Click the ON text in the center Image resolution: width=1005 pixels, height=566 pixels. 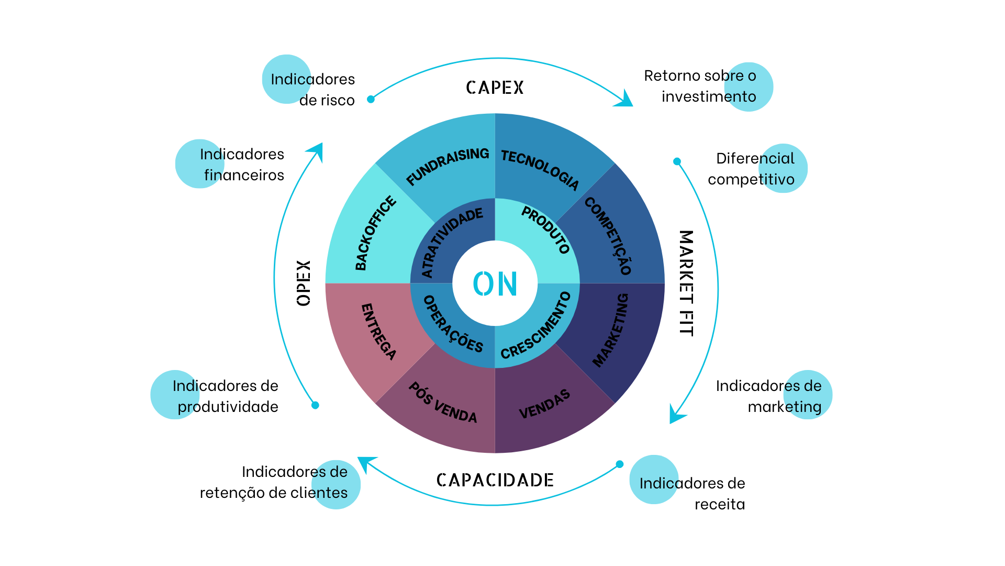coord(495,284)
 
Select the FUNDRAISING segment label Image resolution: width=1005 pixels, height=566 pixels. coord(448,166)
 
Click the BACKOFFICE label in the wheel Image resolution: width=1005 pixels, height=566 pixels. coord(375,233)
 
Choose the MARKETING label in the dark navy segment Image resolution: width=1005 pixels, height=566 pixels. coord(611,330)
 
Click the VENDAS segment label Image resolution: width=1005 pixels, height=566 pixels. coord(544,404)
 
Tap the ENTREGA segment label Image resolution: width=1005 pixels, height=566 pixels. coord(378,332)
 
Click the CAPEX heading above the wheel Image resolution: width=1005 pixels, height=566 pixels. coord(495,88)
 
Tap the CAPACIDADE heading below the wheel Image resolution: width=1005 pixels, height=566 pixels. coord(495,480)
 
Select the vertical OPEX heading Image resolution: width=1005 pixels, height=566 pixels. coord(304,283)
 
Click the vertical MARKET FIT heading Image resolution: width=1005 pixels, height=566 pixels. coord(686,283)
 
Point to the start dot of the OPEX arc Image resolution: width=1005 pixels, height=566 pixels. coord(315,405)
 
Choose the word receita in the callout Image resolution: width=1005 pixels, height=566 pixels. coord(719,504)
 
